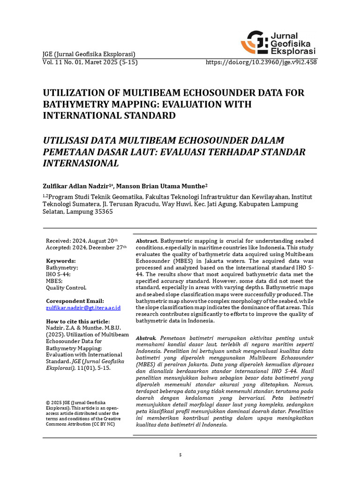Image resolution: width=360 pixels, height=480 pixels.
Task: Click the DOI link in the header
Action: pyautogui.click(x=262, y=62)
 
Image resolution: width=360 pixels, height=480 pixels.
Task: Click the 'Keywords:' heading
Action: pyautogui.click(x=60, y=261)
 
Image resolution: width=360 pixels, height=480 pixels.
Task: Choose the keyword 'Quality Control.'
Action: pyautogui.click(x=66, y=288)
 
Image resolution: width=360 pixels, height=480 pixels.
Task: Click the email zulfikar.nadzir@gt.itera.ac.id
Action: pyautogui.click(x=83, y=308)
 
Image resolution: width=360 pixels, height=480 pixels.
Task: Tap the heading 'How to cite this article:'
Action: pyautogui.click(x=77, y=321)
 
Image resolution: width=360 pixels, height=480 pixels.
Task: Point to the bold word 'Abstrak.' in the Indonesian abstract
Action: pyautogui.click(x=146, y=338)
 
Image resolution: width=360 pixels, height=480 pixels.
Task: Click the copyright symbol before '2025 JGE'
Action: pyautogui.click(x=48, y=403)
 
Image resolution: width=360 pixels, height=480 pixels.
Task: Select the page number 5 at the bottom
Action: pyautogui.click(x=180, y=455)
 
